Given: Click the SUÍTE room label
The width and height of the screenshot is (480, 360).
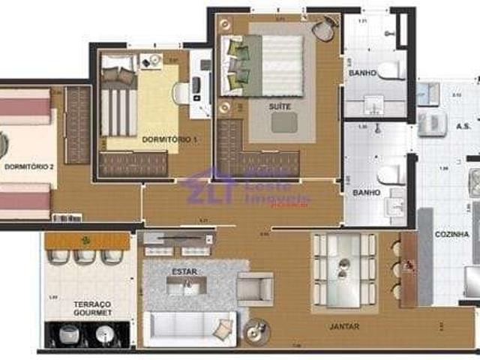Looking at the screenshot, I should point(280,106).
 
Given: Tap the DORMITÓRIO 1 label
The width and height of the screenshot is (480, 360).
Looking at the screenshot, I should point(169,139).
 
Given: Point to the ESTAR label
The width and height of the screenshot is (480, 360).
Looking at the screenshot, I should point(184,271).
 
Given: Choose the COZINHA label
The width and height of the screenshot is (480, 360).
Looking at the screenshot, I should point(451,234).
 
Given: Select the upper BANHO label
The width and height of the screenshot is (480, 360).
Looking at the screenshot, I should point(362,73).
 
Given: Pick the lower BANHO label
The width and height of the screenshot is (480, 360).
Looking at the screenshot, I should point(366,193).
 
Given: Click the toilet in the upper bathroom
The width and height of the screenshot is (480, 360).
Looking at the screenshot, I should point(391,70).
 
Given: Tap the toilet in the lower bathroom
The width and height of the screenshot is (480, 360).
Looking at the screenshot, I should point(391,175).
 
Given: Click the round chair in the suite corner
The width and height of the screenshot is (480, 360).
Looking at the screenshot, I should point(324,30).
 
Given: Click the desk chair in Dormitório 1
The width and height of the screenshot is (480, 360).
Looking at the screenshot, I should point(181,93).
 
